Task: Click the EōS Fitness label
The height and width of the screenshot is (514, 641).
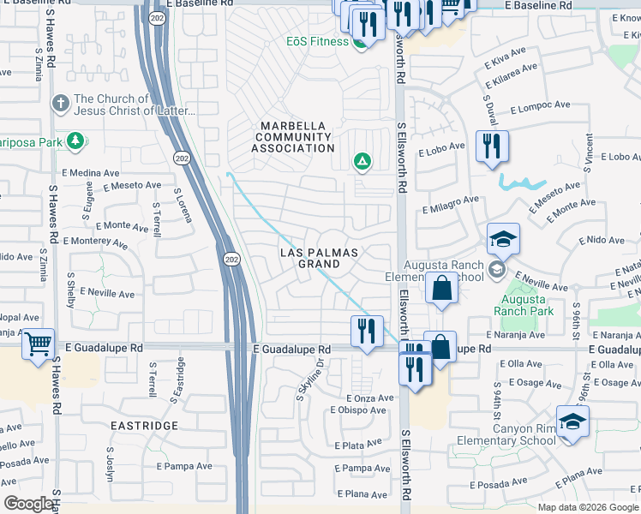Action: point(317,41)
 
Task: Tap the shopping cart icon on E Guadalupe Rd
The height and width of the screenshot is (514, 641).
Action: point(38,344)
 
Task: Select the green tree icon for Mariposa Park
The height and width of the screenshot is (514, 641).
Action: point(75,140)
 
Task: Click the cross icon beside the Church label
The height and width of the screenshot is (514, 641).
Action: point(60,104)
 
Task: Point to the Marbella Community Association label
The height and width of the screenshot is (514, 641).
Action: point(293,137)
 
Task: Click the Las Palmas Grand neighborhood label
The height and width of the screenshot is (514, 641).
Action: point(319,258)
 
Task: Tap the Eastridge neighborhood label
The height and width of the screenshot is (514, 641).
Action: point(143,425)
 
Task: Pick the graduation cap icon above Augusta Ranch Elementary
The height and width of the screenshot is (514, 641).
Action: point(504,239)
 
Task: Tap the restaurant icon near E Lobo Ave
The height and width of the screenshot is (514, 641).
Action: point(492,146)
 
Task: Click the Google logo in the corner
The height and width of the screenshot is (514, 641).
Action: point(28,504)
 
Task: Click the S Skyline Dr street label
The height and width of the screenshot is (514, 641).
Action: point(311,378)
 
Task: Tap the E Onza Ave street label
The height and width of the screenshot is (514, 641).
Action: point(369,398)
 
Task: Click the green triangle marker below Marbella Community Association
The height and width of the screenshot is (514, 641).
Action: point(362,160)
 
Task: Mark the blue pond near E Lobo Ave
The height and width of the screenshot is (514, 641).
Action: point(520,182)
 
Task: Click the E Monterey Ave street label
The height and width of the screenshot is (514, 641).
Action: point(94,242)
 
